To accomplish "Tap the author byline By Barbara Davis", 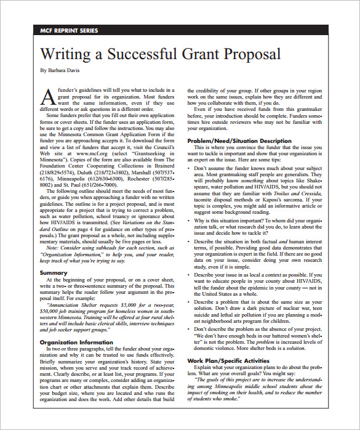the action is (60, 70).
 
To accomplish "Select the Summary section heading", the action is (53, 272).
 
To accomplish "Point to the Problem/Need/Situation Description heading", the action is (239, 141).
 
